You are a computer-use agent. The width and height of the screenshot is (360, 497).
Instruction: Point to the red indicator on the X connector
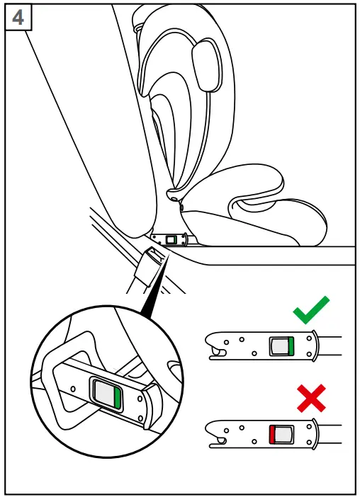[271, 435]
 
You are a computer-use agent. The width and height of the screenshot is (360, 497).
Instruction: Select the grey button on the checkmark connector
[277, 346]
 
